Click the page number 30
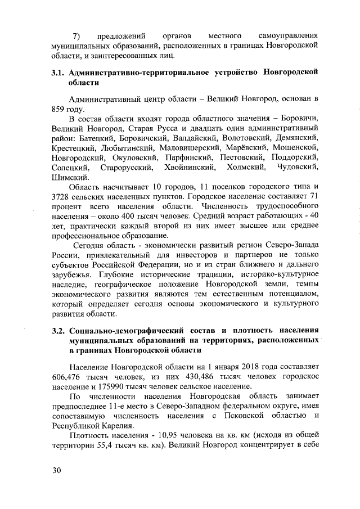tap(55, 471)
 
